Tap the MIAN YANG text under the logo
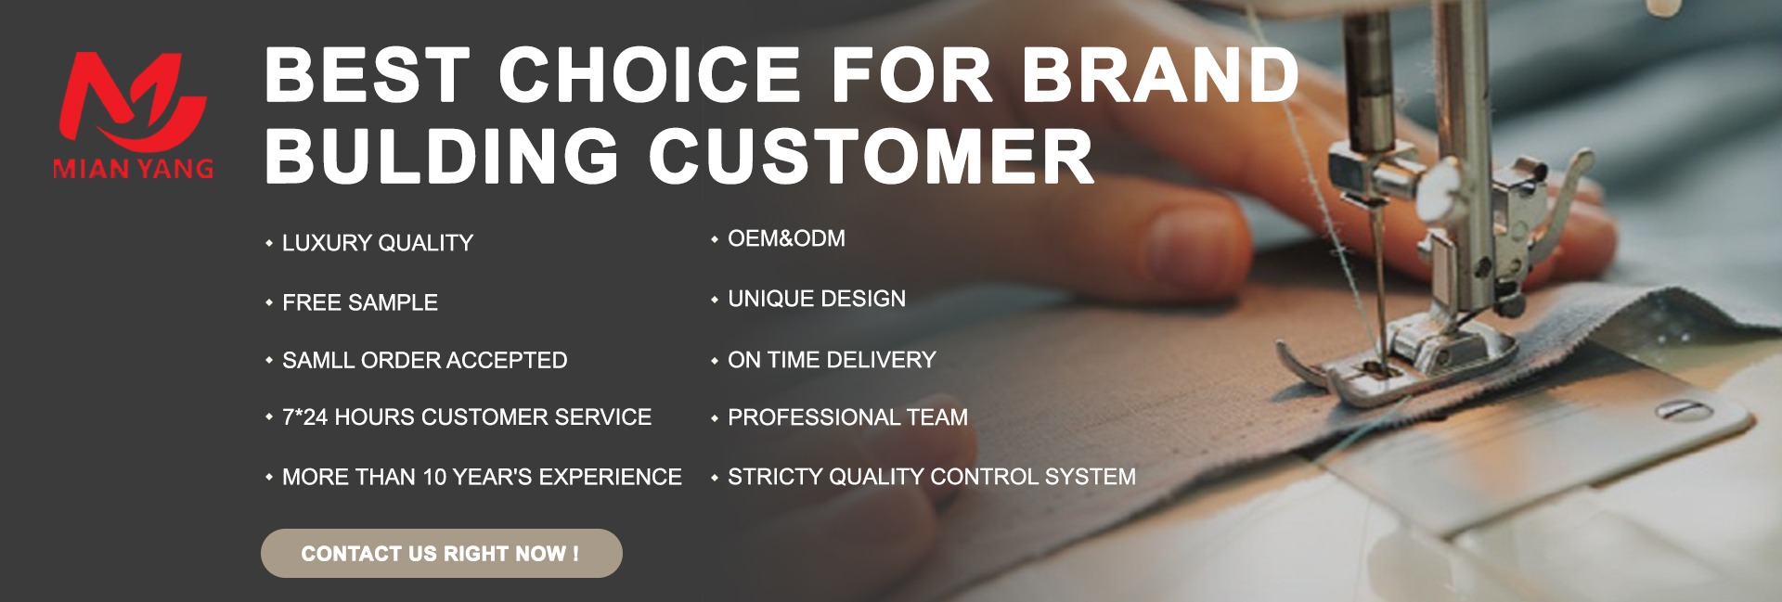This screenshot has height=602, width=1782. coord(134,169)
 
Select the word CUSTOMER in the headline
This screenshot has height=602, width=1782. coord(871,155)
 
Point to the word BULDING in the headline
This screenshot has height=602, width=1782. coord(442,155)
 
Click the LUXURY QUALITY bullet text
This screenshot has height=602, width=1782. coord(378,243)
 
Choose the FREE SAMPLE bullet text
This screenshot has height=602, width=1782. coord(360,302)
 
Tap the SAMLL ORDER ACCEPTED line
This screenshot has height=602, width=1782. coord(424,360)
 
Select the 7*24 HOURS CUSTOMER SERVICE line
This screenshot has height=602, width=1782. coord(467,417)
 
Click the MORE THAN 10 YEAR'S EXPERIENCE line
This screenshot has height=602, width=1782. coord(482,477)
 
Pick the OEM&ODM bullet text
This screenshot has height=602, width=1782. coord(786,238)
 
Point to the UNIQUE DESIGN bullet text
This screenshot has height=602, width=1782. coord(817,299)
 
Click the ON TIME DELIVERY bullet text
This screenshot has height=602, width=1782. coord(832,360)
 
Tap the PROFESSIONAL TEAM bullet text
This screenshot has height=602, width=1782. coord(847,417)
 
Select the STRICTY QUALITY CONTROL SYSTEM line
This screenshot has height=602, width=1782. coord(932,477)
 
